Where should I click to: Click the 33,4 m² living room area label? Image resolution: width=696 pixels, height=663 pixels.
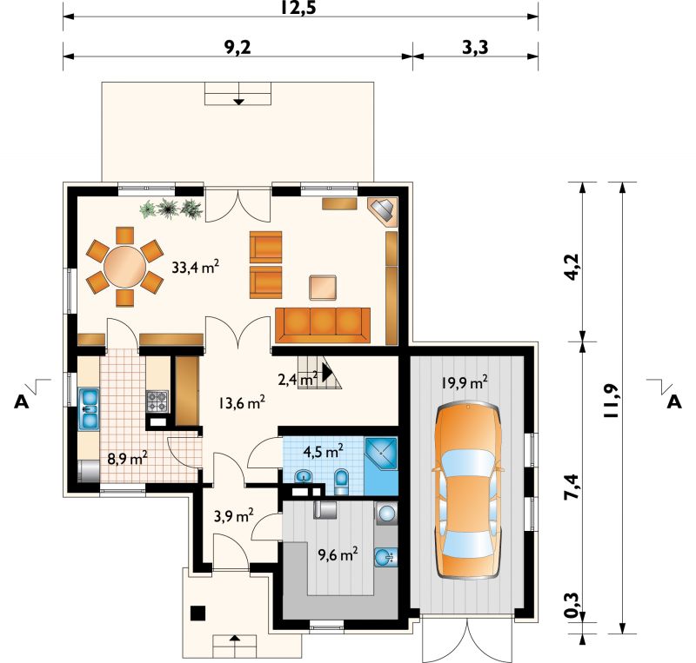(x=195, y=267)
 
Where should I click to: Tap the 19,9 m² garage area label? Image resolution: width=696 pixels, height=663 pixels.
(x=465, y=382)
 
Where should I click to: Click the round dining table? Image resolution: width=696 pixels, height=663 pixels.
(x=125, y=267)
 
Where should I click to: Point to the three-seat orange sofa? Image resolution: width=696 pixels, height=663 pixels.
(x=323, y=325)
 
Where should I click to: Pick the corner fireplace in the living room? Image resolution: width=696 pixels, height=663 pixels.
(x=383, y=212)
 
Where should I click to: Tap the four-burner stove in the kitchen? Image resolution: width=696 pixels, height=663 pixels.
(x=157, y=401)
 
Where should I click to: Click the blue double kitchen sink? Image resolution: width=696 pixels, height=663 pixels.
(x=89, y=409)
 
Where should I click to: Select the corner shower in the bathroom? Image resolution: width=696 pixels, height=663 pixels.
(x=381, y=454)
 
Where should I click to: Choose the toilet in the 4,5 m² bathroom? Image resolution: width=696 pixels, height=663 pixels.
(x=342, y=481)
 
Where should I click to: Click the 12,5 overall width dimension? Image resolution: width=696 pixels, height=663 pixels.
(x=298, y=8)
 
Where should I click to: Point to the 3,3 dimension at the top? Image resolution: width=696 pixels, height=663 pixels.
(x=475, y=48)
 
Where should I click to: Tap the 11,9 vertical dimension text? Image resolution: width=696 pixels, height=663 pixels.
(x=611, y=401)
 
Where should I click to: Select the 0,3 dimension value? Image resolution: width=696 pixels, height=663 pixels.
(x=572, y=606)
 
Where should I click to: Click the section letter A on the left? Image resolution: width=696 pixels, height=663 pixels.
(x=21, y=401)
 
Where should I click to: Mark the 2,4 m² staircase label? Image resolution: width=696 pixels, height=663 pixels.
(x=298, y=380)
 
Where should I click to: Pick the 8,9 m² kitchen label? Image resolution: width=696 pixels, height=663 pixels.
(x=127, y=458)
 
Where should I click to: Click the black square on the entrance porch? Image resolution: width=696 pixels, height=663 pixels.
(x=197, y=613)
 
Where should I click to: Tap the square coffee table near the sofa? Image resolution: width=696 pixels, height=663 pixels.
(x=323, y=288)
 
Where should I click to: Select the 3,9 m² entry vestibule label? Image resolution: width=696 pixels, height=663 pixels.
(x=233, y=516)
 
